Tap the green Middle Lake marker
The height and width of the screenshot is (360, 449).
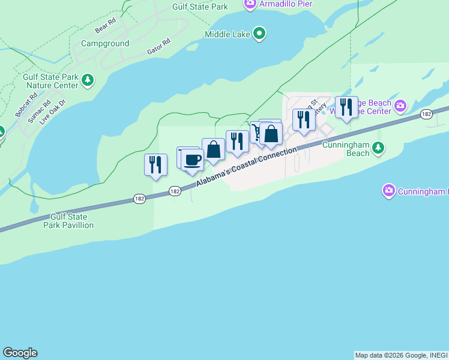(259, 34)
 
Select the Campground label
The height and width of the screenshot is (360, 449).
(105, 44)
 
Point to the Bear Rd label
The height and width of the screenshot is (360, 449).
(104, 28)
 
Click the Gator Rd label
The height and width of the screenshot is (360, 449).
(158, 47)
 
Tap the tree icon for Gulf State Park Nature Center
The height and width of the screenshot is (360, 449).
(88, 79)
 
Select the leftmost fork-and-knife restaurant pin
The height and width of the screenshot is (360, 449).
(155, 164)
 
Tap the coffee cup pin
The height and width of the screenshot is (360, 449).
(192, 160)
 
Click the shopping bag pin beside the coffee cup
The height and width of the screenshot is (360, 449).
(213, 149)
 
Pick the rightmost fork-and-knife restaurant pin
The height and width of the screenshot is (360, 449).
(346, 107)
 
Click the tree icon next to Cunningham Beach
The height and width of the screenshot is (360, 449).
(378, 147)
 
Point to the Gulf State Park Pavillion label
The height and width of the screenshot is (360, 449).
(68, 221)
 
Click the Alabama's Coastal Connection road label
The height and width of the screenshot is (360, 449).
(246, 166)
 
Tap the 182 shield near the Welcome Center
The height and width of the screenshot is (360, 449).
(426, 114)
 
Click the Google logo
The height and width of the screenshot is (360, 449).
(20, 353)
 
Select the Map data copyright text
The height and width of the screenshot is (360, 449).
(401, 355)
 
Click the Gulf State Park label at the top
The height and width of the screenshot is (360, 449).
(200, 7)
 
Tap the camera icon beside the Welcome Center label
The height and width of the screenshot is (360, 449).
(400, 106)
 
